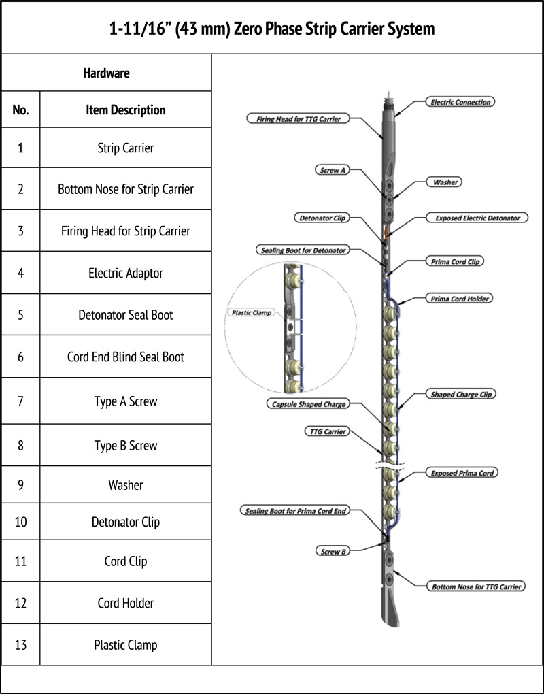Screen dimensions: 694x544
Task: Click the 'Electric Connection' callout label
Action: pos(461,102)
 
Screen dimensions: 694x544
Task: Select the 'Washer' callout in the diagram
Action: pos(445,182)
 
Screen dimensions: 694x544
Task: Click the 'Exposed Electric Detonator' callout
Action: pos(477,218)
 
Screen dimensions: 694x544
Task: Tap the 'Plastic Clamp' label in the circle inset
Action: pos(250,314)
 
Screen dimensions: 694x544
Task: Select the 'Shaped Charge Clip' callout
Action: pos(461,394)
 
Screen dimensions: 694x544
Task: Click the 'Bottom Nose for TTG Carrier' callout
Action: pos(477,586)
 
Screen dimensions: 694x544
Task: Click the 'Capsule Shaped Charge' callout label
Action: pos(306,404)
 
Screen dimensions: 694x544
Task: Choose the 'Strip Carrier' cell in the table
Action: pos(126,148)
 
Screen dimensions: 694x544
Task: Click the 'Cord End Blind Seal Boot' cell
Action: pos(126,357)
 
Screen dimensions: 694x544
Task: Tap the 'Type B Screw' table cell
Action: pos(126,446)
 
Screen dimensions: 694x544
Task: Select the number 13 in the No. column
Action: pos(20,644)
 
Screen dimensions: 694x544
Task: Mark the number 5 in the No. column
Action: pos(20,315)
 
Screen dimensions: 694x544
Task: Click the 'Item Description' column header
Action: pos(126,110)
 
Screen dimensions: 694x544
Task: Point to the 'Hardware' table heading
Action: pos(106,73)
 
